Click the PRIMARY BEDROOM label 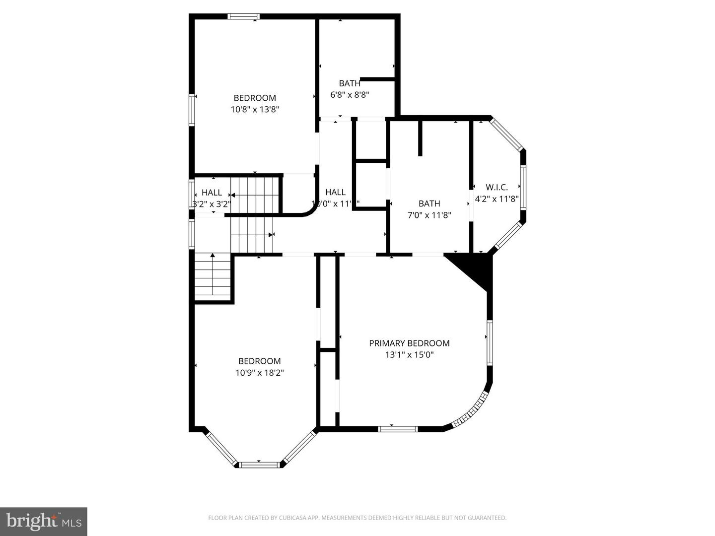click(409, 343)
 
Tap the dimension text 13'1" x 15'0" click(409, 355)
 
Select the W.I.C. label click(497, 187)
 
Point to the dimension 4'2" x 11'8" click(497, 199)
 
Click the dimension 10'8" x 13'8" click(255, 109)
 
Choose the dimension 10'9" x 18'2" click(259, 373)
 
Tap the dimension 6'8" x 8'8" click(350, 94)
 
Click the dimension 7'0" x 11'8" click(429, 215)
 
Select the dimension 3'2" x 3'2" click(212, 203)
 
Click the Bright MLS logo click(44, 521)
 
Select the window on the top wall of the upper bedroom click(243, 16)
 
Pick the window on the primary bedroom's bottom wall click(398, 429)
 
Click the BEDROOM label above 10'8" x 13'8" click(255, 98)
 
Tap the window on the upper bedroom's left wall click(192, 110)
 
